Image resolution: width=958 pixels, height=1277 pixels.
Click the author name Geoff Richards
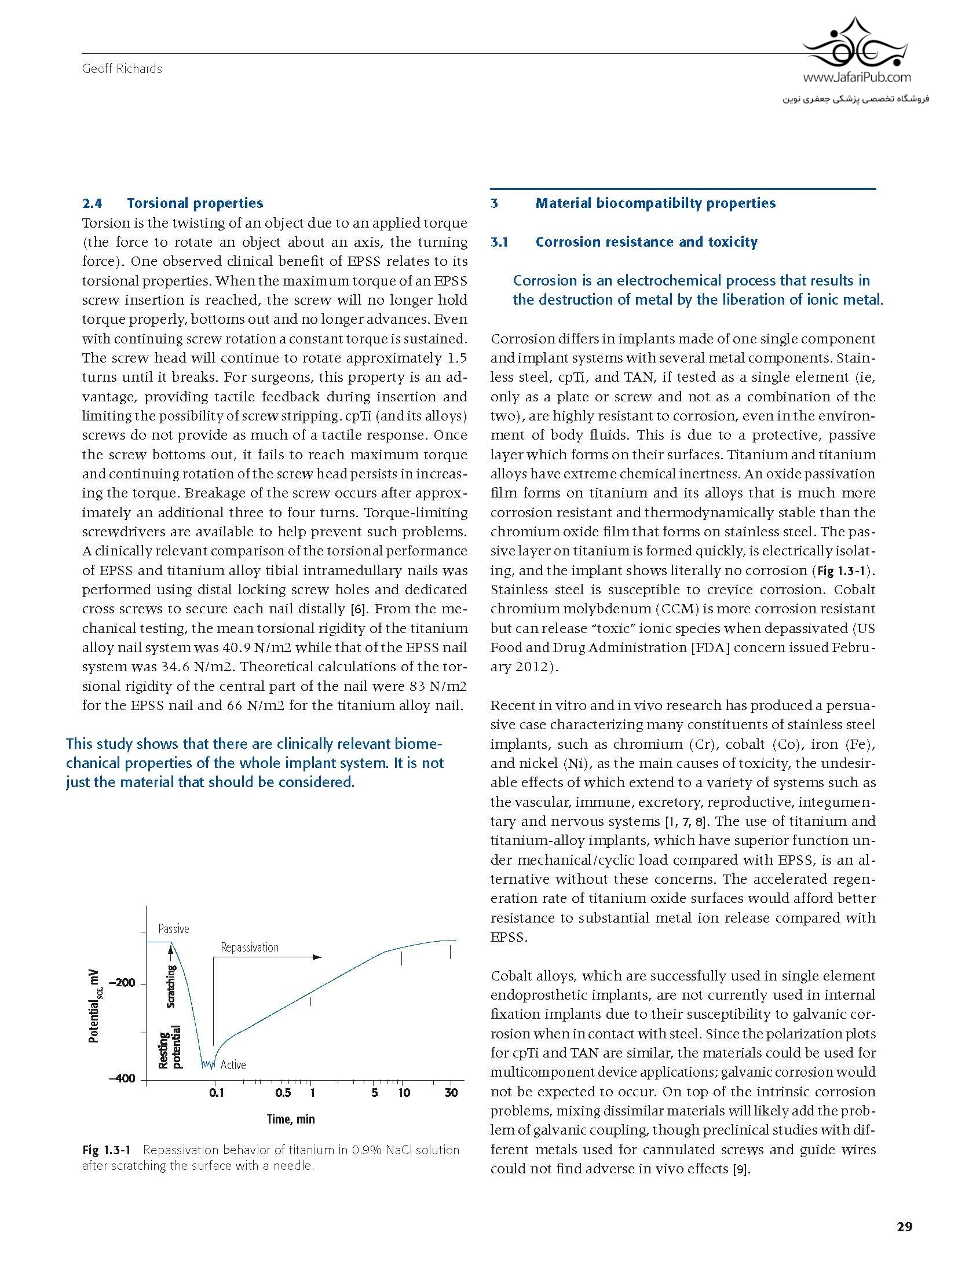[122, 69]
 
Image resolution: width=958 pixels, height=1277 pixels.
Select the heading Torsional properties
[195, 203]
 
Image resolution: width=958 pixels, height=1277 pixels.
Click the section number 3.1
[499, 242]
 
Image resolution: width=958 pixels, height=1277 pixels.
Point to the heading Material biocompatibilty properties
[655, 203]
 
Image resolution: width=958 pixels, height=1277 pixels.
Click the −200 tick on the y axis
[122, 983]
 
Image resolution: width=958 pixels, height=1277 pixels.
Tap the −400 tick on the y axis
[122, 1078]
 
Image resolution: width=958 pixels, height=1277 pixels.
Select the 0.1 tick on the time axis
[216, 1092]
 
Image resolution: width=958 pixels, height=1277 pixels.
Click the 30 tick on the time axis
[451, 1092]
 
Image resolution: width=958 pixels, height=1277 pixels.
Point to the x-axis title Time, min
[291, 1119]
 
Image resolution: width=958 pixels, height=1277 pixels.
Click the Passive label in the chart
[174, 929]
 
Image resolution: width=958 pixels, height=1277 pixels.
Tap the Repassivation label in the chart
[250, 947]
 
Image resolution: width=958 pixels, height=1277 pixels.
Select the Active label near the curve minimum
[233, 1064]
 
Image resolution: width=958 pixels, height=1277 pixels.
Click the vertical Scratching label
[171, 987]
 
